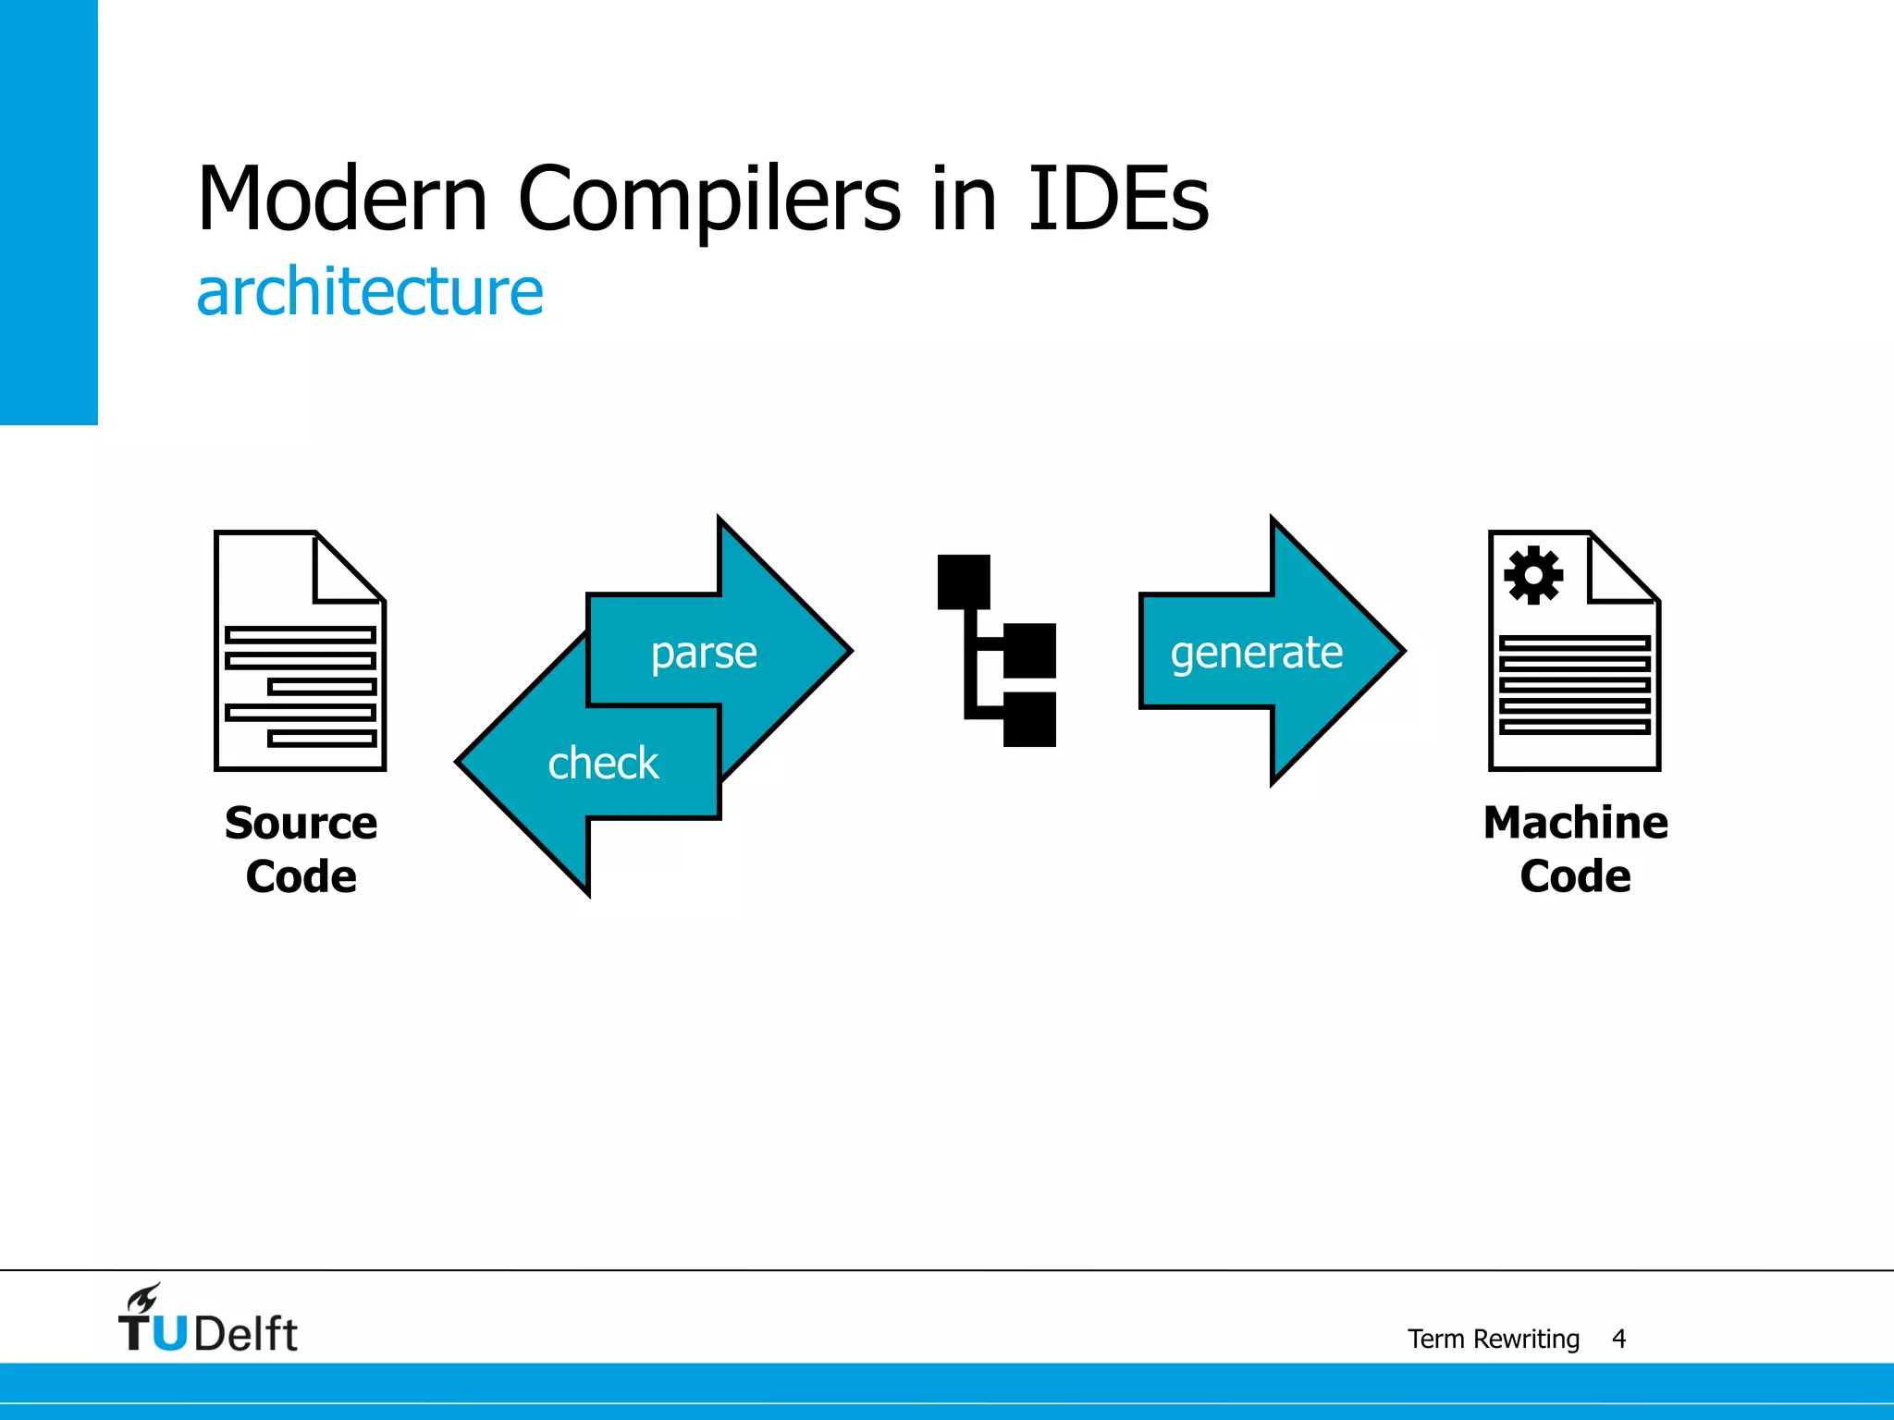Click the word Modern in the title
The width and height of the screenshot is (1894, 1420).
point(342,199)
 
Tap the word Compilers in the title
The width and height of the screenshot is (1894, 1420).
point(708,199)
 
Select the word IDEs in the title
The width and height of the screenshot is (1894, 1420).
point(1117,199)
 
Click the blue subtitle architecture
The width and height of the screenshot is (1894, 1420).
point(370,292)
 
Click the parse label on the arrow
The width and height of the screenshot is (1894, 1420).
point(704,653)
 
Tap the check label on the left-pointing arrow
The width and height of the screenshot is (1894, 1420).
point(603,764)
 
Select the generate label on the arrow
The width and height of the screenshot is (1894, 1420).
point(1256,653)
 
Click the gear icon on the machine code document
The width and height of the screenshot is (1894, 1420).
point(1532,575)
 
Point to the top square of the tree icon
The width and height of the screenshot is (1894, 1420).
point(964,581)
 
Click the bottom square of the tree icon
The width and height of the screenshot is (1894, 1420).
point(1029,719)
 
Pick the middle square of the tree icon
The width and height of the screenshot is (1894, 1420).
point(1029,651)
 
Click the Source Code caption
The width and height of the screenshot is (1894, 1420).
point(301,849)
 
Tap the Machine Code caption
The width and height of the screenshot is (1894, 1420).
point(1575,849)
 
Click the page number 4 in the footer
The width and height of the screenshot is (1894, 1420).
point(1618,1339)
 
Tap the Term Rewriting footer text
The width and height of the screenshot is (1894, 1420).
point(1493,1339)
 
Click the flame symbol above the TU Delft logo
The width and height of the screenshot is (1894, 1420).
point(144,1298)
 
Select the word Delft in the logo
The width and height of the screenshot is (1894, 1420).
point(246,1334)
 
